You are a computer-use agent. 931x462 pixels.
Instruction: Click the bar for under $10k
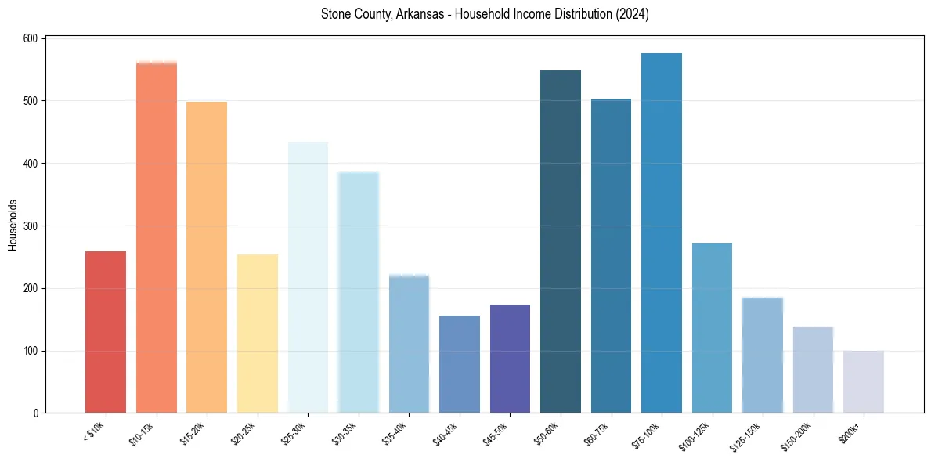tap(106, 332)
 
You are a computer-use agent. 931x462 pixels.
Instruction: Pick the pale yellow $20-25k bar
tap(258, 334)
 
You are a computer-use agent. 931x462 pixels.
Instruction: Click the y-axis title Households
tap(13, 225)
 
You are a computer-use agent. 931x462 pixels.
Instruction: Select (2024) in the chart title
tap(631, 14)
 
